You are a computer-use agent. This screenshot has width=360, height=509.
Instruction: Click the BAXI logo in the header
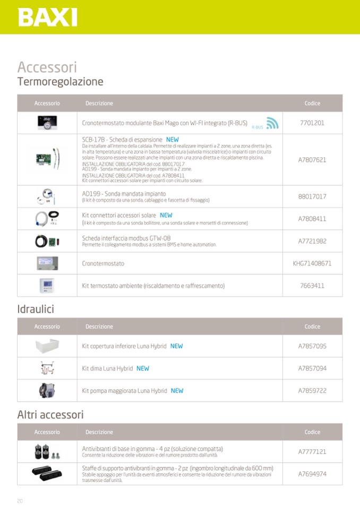pos(47,17)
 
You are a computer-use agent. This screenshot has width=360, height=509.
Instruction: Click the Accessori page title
pos(47,67)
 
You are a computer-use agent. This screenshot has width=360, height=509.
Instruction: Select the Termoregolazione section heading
pos(60,82)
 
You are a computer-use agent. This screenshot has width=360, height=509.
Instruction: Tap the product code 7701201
pos(312,123)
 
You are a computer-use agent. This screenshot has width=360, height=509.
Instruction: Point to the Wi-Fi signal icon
pos(272,123)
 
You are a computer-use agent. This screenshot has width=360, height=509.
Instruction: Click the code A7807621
pos(312,159)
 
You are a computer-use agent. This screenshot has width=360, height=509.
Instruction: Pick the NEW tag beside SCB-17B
pos(173,140)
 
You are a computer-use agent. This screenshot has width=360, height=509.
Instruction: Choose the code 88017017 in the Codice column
pos(312,196)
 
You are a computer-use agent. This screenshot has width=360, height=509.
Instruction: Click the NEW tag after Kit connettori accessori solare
pos(166,215)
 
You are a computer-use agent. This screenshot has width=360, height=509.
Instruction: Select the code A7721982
pos(312,241)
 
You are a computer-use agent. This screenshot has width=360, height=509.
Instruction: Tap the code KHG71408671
pos(312,263)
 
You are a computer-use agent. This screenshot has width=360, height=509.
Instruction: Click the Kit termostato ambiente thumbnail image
pos(47,286)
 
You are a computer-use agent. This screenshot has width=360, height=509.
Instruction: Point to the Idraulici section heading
pos(36,309)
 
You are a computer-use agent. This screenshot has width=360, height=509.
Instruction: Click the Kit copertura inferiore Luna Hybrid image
pos(47,346)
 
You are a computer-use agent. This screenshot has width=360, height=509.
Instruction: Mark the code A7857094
pos(312,368)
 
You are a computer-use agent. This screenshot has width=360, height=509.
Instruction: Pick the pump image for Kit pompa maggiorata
pos(47,391)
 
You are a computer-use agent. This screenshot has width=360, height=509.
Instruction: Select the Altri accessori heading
pos(50,415)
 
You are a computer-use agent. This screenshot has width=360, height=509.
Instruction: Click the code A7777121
pos(312,452)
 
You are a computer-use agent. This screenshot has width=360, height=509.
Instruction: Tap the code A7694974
pos(312,474)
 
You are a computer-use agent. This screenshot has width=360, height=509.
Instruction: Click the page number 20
pos(20,501)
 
